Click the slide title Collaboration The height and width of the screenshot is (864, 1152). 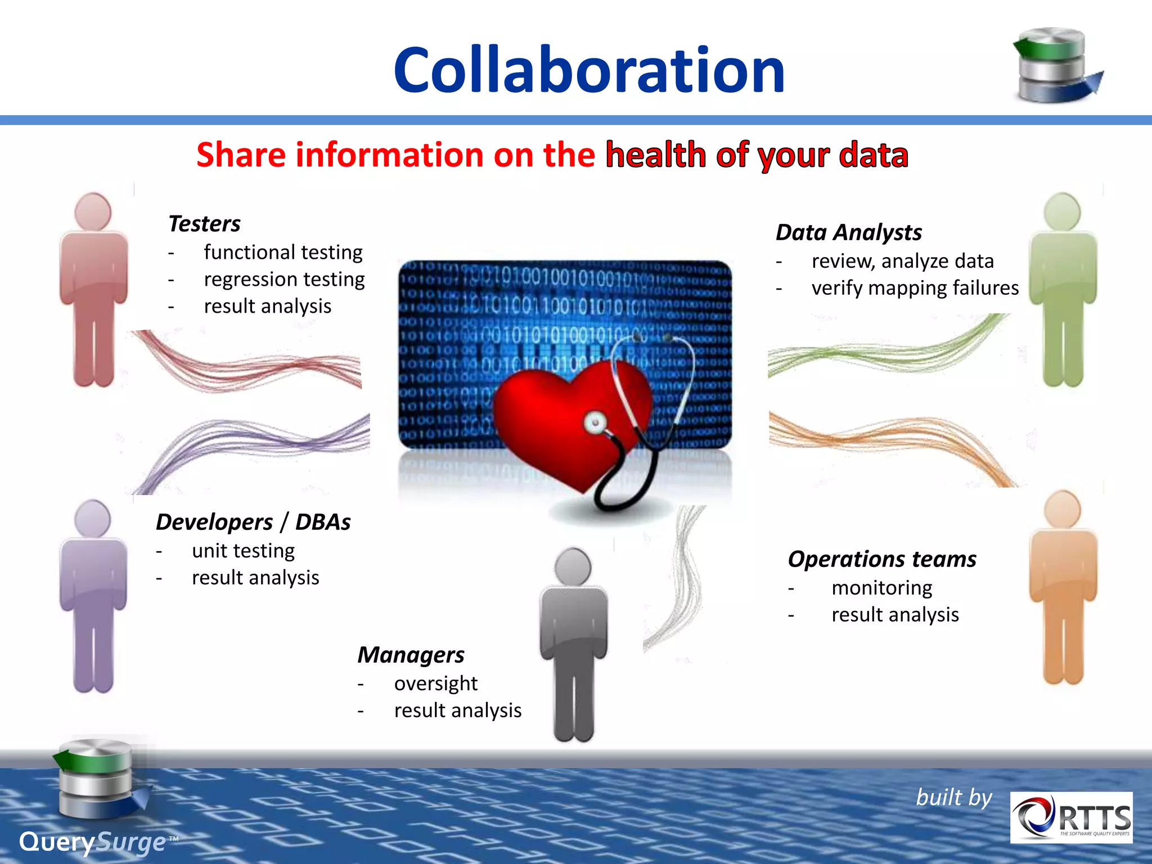point(589,70)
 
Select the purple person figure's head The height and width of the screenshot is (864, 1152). point(93,517)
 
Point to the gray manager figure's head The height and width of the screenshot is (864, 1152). point(573,566)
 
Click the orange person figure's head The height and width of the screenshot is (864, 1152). point(1062,509)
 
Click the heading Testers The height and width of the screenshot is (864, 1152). point(204,224)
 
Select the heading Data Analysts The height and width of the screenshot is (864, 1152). point(848,232)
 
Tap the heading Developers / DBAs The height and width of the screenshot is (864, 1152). point(253,522)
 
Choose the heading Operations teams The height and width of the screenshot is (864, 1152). point(882,559)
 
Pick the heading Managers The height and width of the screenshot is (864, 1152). point(411,655)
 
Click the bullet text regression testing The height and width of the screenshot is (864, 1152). point(284,279)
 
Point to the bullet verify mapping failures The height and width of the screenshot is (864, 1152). point(915,288)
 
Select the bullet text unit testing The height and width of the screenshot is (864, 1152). point(243,551)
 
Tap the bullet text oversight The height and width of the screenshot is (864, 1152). point(435,683)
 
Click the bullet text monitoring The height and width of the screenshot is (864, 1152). point(881,588)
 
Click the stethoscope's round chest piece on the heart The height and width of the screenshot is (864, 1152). point(595,422)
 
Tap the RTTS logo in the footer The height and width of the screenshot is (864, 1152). point(1071,817)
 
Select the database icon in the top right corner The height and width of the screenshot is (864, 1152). point(1056,66)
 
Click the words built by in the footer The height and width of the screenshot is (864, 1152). point(954,798)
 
